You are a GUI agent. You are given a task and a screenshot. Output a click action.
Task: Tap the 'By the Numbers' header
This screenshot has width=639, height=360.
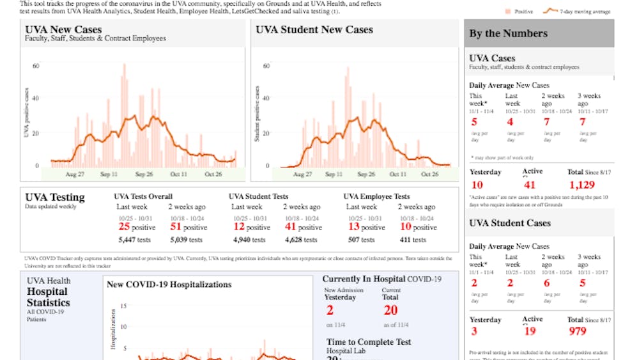coord(508,33)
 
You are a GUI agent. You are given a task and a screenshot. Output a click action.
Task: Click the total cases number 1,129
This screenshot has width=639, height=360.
coord(581,185)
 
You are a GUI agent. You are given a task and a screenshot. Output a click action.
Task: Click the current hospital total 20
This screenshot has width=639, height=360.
coord(390,310)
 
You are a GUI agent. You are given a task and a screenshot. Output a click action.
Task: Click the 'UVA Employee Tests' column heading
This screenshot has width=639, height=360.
coord(378,196)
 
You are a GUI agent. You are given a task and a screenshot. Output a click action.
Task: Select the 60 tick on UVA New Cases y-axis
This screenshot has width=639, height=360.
coord(36,66)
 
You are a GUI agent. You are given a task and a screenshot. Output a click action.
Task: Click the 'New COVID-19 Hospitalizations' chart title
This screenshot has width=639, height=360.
coord(169,285)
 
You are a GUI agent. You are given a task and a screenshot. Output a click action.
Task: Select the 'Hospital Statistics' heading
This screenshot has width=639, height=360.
coord(49,297)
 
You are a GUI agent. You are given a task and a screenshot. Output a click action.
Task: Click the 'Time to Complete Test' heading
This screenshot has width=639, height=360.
coord(369,342)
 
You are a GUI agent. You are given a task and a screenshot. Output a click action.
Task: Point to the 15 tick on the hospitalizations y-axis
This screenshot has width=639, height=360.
coord(123,306)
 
